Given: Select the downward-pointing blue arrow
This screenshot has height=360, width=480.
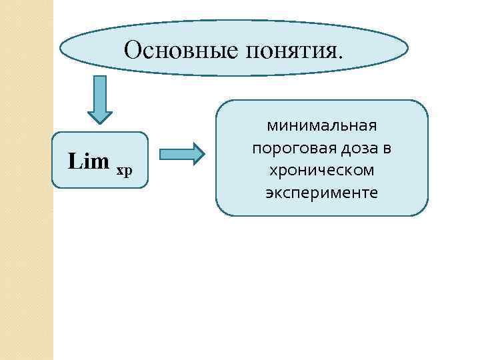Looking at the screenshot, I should [x=101, y=99].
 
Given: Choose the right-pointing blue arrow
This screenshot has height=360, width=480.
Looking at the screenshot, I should [x=182, y=153].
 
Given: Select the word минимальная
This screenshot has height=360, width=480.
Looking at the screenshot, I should [x=321, y=125].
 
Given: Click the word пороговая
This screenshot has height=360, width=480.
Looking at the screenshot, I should [x=290, y=148].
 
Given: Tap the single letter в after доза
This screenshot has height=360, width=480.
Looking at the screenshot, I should [x=387, y=149].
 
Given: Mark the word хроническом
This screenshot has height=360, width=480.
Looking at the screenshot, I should [x=321, y=171].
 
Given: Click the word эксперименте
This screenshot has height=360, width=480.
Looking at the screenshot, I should [x=321, y=193].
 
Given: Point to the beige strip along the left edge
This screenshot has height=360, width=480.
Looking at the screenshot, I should [x=26, y=200].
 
